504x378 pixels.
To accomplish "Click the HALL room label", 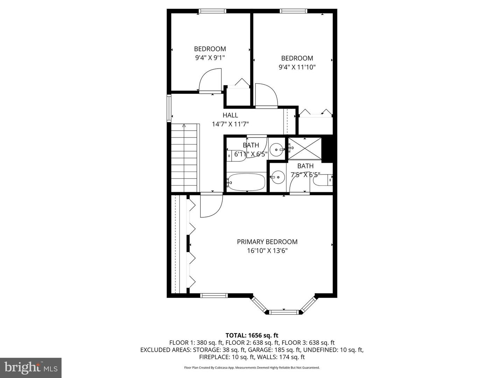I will (x=230, y=115).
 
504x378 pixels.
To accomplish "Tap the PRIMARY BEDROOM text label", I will (x=267, y=242).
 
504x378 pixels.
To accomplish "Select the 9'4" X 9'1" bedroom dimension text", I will (x=210, y=58).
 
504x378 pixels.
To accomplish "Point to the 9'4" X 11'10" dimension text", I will (x=297, y=67).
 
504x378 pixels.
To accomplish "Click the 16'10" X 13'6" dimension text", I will (x=267, y=251).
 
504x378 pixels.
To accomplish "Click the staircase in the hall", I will (x=185, y=157).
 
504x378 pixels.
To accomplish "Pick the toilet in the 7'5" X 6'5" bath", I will (x=323, y=180).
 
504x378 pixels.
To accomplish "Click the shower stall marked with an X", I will (x=304, y=149).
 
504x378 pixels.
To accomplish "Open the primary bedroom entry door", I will (x=211, y=206).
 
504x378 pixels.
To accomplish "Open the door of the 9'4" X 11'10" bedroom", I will (x=266, y=95).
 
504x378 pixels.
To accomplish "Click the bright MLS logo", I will (x=31, y=367).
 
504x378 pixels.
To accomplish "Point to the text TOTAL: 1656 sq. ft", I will (x=252, y=335).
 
